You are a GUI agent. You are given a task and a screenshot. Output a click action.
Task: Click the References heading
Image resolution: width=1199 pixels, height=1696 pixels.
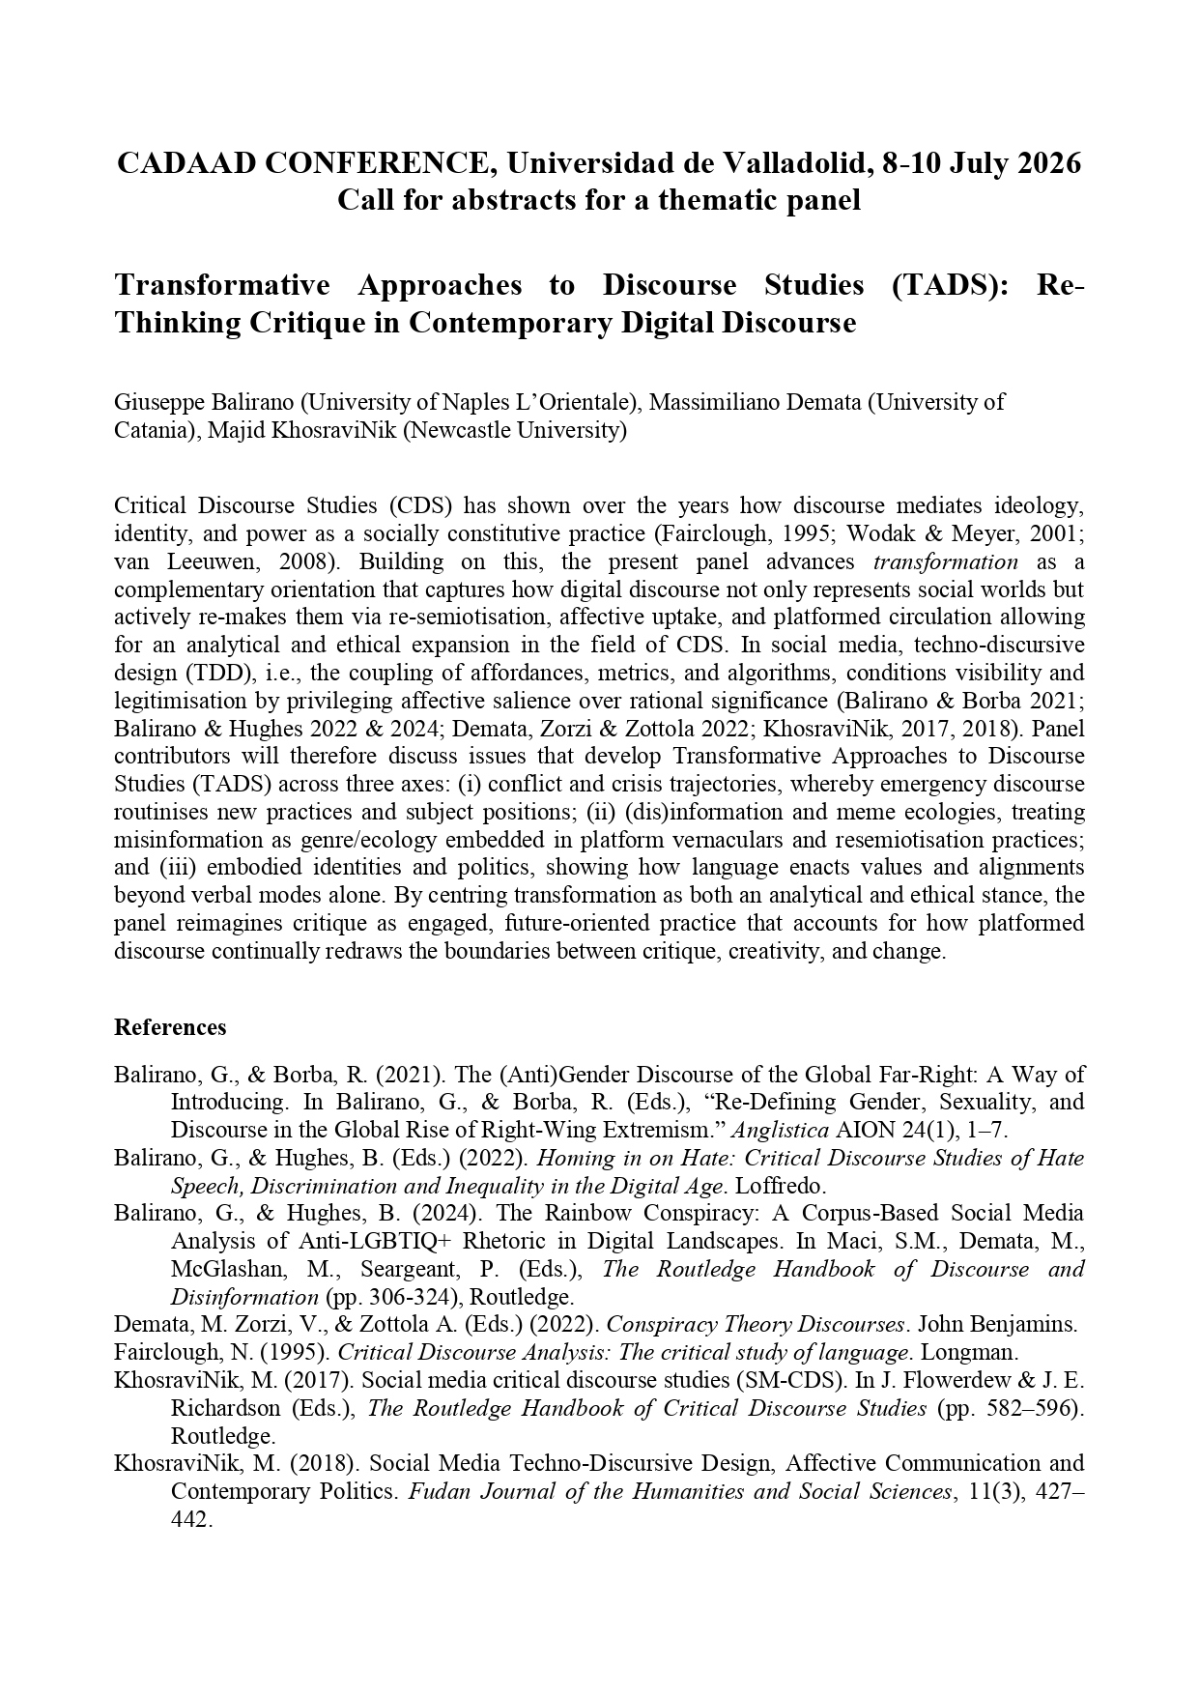click(170, 1027)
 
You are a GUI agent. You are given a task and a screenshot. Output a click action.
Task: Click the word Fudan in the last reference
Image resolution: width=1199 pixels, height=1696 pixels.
click(439, 1491)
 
